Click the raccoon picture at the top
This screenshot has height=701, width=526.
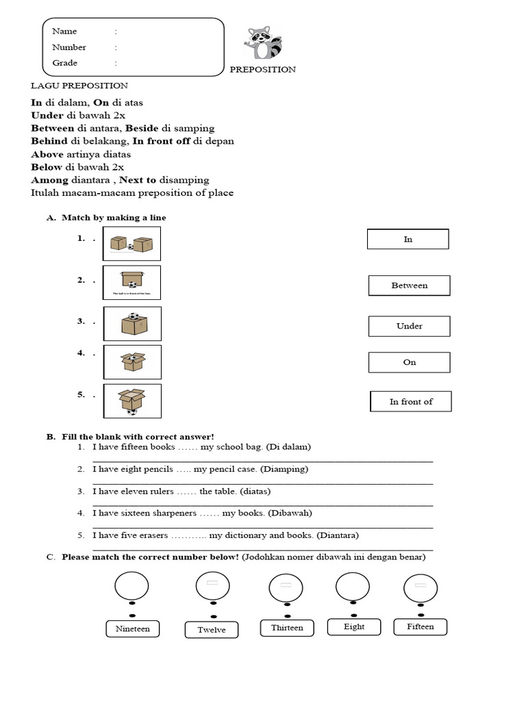coord(265,44)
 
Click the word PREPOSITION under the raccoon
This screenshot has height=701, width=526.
coord(262,69)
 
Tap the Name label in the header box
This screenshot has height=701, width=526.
coord(64,31)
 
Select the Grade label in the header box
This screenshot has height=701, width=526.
coord(64,63)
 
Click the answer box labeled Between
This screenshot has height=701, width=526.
coord(409,285)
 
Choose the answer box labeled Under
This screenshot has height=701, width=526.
coord(409,326)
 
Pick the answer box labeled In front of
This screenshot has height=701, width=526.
coord(410,401)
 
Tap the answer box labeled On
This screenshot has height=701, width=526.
coord(409,362)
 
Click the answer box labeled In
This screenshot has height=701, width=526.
coord(408,239)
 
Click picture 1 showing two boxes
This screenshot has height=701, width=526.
coord(131,244)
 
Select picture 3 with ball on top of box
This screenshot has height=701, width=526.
coord(132,323)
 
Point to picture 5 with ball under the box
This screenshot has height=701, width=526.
coord(132,401)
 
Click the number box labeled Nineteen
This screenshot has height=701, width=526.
coord(133,628)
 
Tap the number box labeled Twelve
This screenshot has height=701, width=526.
coord(212,630)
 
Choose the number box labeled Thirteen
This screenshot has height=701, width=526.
coord(287,628)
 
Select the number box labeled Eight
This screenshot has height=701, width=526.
coord(354,626)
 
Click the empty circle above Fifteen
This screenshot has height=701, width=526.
coord(421,587)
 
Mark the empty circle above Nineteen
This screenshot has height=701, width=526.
coord(131,586)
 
